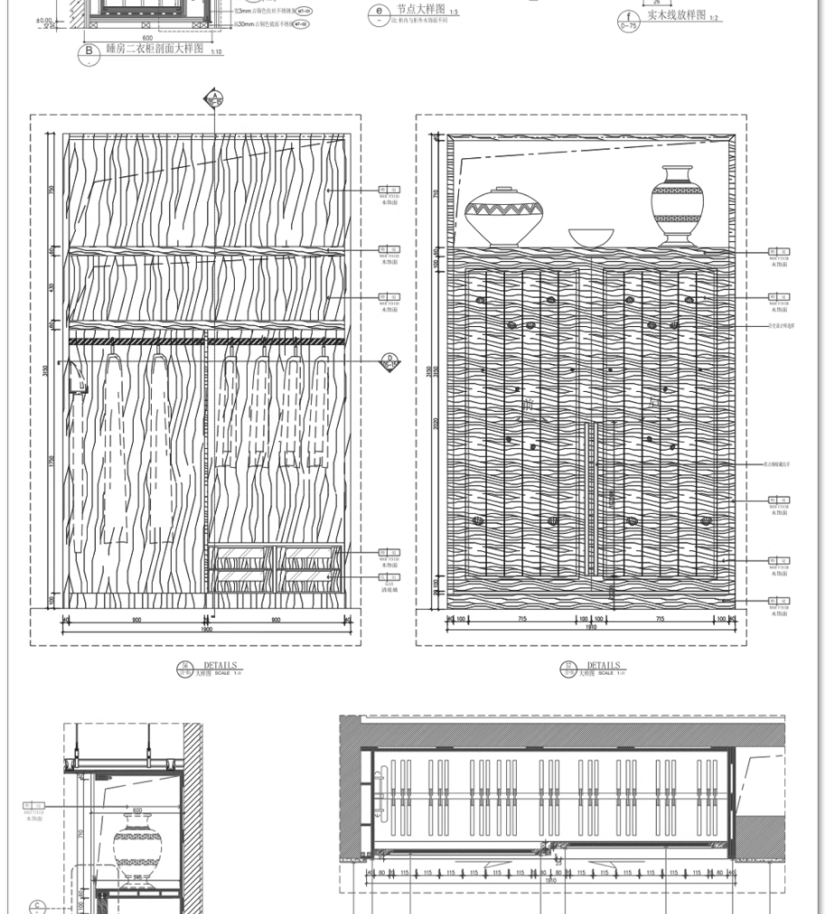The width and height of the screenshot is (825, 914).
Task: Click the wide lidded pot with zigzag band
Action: pos(504,216)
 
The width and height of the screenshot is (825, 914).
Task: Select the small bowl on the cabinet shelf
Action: pos(591,238)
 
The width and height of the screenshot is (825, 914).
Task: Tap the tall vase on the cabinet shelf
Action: pos(677,205)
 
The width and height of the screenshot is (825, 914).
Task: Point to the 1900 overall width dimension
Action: pos(206,629)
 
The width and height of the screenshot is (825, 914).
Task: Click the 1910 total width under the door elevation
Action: pos(591,628)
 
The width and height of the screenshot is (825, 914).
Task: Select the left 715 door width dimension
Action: pos(522,619)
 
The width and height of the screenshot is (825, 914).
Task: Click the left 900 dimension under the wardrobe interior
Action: pos(136,620)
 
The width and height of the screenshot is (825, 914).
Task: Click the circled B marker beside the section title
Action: pos(89,51)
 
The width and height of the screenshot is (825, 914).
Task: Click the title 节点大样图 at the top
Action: pos(421,9)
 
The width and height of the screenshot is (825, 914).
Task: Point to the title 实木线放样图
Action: pos(676,15)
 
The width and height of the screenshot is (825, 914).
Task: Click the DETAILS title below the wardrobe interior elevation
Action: pos(220,666)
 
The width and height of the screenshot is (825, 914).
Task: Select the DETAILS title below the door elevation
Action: pos(604,666)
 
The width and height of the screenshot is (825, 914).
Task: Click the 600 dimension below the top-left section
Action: pos(146,38)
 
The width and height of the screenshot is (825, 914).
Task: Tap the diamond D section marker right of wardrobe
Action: pos(390,362)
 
